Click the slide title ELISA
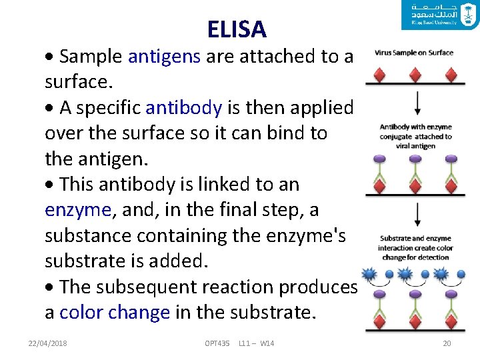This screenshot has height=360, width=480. [237, 29]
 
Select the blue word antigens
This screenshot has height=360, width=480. [164, 57]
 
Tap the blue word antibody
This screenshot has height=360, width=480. [183, 107]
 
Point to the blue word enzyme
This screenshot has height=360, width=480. [77, 210]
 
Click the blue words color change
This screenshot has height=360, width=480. [115, 313]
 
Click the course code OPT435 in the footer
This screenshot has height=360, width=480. [217, 343]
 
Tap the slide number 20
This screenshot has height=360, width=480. [447, 343]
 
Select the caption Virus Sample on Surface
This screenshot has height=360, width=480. [415, 53]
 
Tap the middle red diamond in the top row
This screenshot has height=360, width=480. [417, 74]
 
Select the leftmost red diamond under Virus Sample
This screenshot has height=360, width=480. [379, 74]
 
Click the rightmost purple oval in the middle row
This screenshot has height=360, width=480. [451, 159]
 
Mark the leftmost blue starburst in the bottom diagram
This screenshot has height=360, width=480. [368, 274]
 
